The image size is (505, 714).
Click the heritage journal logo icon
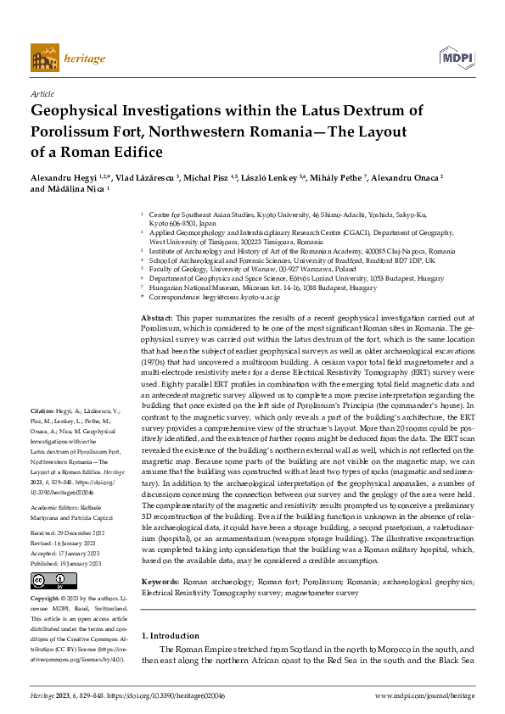[45, 58]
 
